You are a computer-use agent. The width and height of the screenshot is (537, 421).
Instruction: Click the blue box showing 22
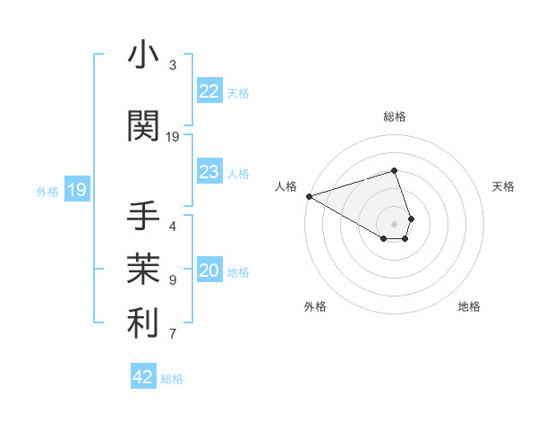coord(209,90)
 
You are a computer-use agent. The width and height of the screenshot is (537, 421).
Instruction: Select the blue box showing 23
coord(209,172)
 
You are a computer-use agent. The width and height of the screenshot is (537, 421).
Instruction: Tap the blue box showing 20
coord(209,271)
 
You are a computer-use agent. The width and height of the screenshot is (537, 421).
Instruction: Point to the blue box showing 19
coord(76,190)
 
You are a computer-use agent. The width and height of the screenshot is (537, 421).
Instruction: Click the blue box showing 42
coord(143,377)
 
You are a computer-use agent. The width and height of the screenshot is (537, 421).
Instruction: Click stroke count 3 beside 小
coord(173,65)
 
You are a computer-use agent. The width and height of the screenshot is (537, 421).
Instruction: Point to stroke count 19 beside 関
coord(173,136)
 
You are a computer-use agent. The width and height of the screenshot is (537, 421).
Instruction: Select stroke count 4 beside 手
coord(173,226)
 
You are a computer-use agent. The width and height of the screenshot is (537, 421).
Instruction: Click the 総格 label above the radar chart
coord(395,116)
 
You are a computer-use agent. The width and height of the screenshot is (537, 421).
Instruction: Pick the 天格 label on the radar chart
coord(503,186)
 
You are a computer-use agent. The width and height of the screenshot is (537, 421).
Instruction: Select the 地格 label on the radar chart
coord(469,306)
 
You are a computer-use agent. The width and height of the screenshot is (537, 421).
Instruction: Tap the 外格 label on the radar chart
coord(315,306)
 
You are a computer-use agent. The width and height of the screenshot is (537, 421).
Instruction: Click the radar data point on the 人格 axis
coord(309,195)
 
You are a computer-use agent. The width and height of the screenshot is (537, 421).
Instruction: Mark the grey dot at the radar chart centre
coord(394,223)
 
